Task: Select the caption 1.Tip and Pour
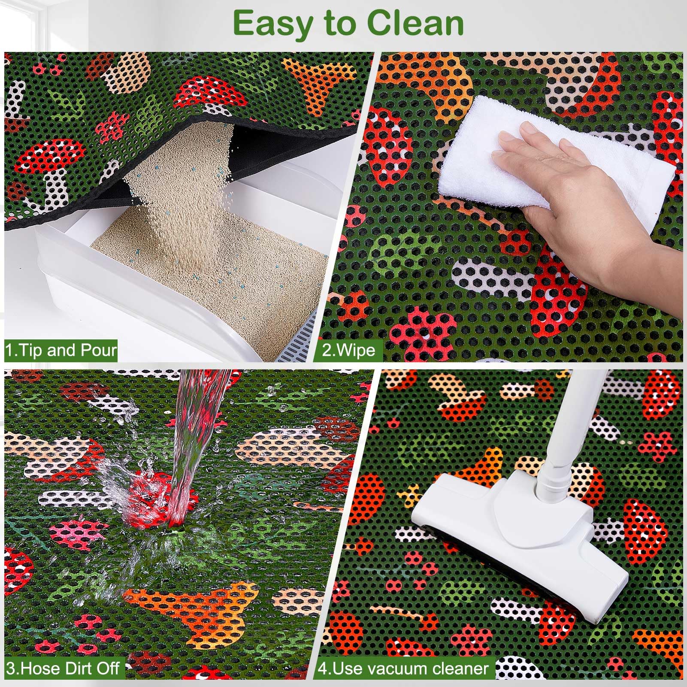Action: pos(61,351)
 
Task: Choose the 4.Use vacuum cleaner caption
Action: pos(403,668)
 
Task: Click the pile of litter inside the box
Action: pos(215,266)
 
